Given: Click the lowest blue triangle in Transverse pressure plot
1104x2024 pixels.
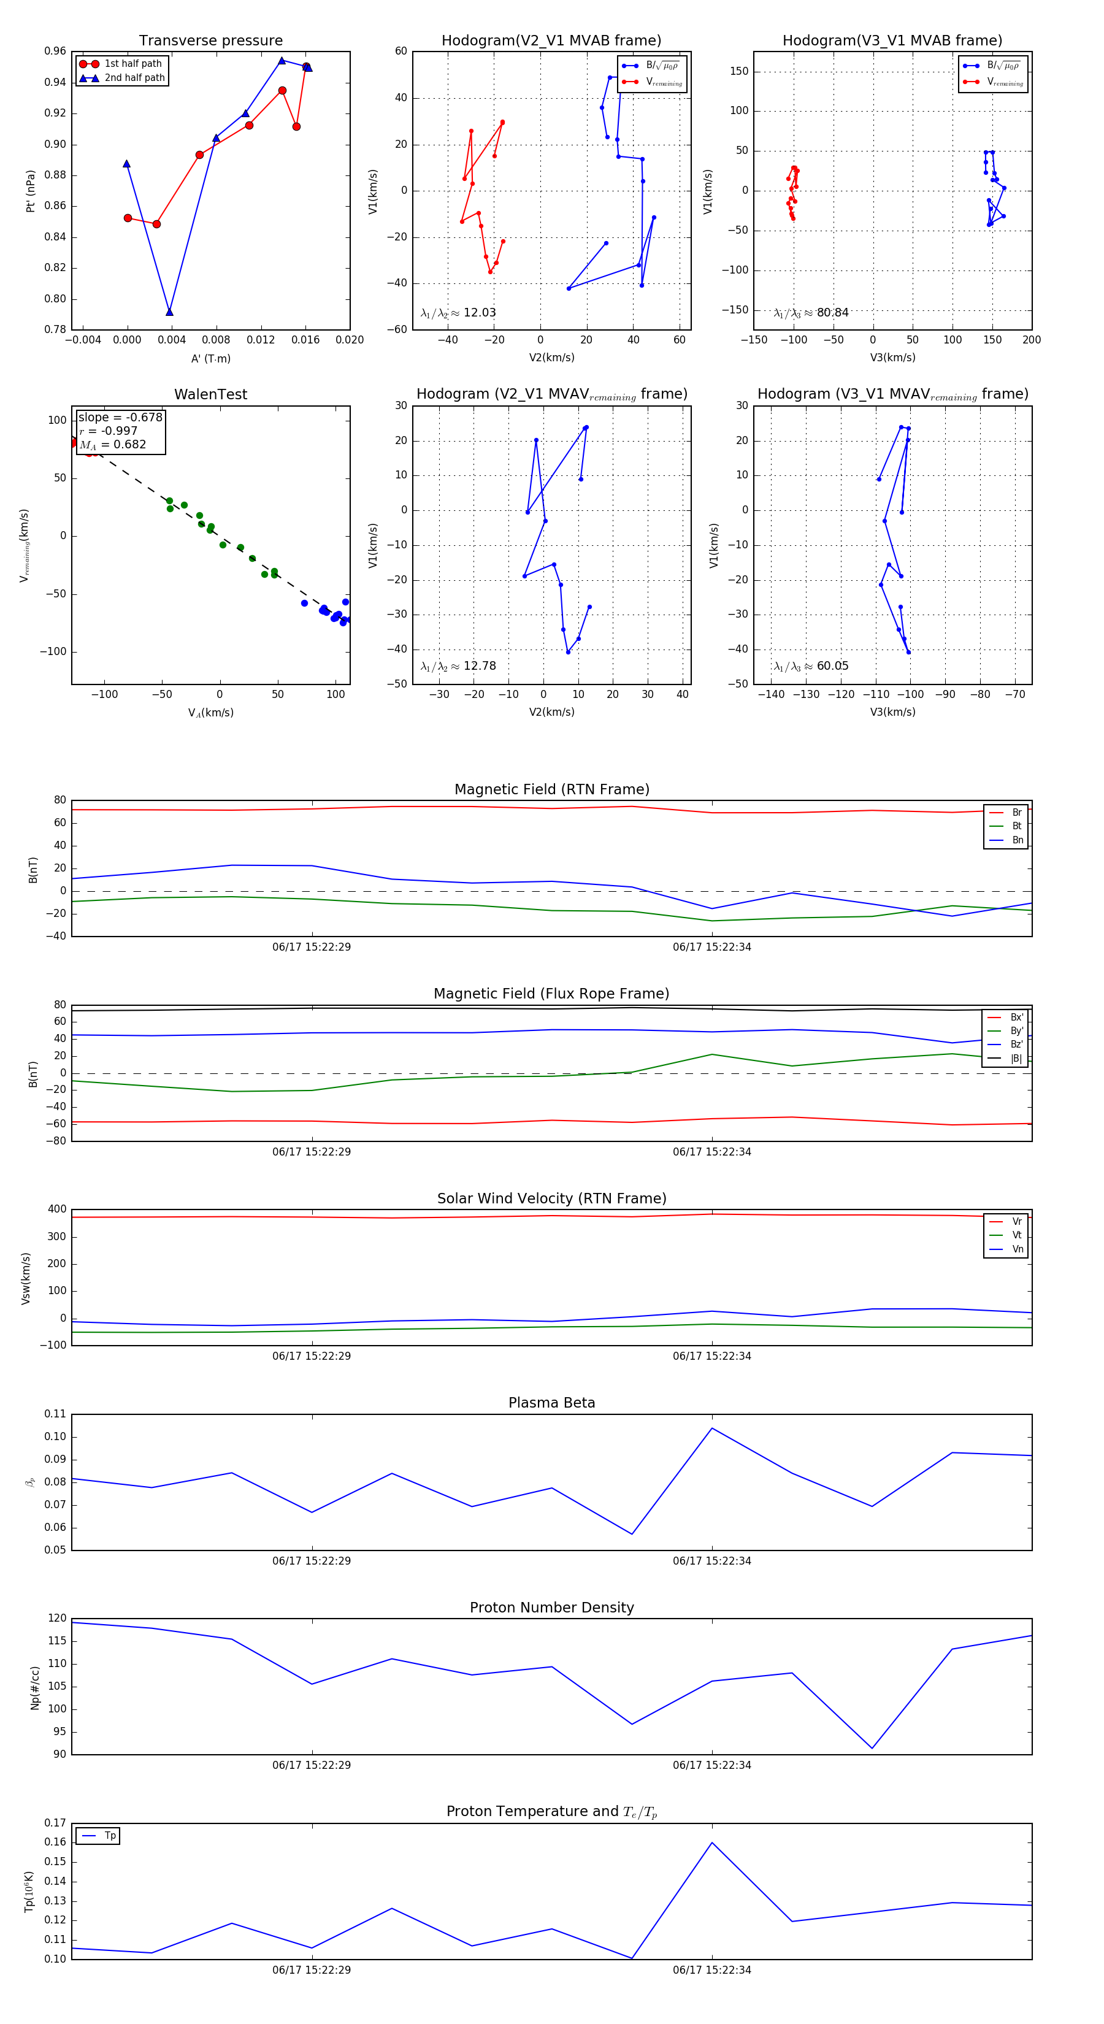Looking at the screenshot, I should tap(170, 312).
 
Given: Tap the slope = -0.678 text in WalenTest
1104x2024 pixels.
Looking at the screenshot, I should tap(120, 417).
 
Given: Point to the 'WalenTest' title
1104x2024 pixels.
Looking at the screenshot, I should tap(210, 394).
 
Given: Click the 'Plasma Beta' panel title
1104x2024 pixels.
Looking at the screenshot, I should tap(551, 1403).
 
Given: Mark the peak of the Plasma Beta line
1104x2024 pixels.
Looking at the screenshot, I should tap(712, 1428).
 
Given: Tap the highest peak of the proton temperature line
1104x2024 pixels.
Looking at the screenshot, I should tap(712, 1842).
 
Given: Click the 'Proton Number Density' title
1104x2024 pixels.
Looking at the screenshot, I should tap(551, 1608).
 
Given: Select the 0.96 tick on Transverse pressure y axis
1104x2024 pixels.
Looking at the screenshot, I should tap(55, 51).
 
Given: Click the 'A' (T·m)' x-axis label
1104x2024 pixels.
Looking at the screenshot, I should tap(210, 358).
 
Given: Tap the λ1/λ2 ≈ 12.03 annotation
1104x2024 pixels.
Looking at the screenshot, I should tap(458, 313).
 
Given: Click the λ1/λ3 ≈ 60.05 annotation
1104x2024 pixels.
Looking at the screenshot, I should tap(811, 666).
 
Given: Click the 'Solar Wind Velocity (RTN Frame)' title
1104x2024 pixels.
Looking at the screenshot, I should tap(551, 1198).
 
